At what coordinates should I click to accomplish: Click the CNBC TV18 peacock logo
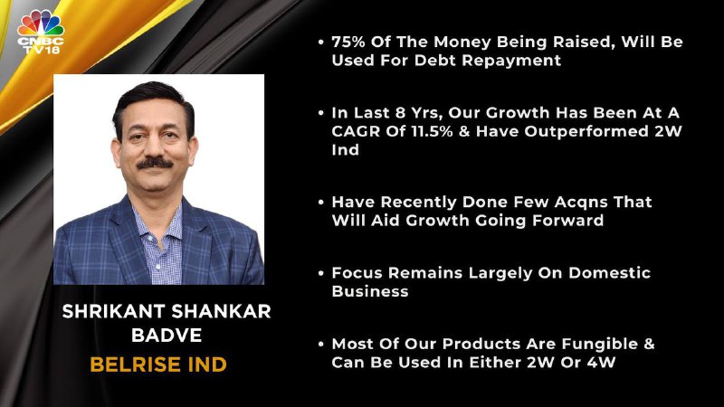tap(41, 32)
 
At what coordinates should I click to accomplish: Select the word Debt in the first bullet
tap(435, 61)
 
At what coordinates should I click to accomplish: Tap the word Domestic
tap(609, 273)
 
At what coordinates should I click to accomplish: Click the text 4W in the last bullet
tap(602, 363)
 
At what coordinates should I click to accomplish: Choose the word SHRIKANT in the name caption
tap(114, 311)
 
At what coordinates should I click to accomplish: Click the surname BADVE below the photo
tap(167, 336)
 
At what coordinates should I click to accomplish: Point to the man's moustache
tap(155, 163)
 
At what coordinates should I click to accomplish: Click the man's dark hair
tap(153, 101)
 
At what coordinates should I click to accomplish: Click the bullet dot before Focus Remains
tap(321, 273)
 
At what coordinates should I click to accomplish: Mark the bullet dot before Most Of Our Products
tap(321, 345)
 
